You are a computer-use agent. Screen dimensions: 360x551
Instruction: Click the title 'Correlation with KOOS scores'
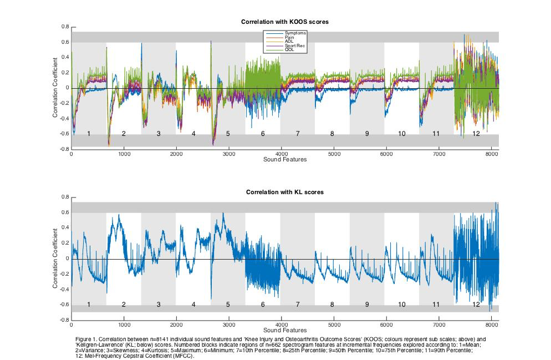click(285, 22)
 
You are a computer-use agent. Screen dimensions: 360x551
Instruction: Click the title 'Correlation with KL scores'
click(285, 192)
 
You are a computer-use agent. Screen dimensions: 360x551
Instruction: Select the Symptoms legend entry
click(295, 33)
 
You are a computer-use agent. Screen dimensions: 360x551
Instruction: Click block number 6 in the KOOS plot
click(263, 134)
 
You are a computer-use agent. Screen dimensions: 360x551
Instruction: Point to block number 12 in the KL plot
click(476, 305)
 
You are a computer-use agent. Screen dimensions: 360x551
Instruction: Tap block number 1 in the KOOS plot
click(89, 134)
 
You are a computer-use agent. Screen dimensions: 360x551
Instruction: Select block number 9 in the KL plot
click(367, 305)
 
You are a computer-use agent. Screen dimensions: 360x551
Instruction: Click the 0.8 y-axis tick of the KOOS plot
click(65, 27)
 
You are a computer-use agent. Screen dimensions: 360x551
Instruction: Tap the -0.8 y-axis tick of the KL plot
click(64, 320)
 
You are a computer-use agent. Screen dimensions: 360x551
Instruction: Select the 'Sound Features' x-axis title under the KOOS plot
click(285, 160)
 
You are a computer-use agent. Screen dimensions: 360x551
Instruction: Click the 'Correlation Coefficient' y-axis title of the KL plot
click(55, 258)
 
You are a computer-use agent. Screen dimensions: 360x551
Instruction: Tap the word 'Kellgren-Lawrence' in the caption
click(94, 343)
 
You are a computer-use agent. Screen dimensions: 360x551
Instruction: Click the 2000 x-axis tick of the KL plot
click(176, 324)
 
